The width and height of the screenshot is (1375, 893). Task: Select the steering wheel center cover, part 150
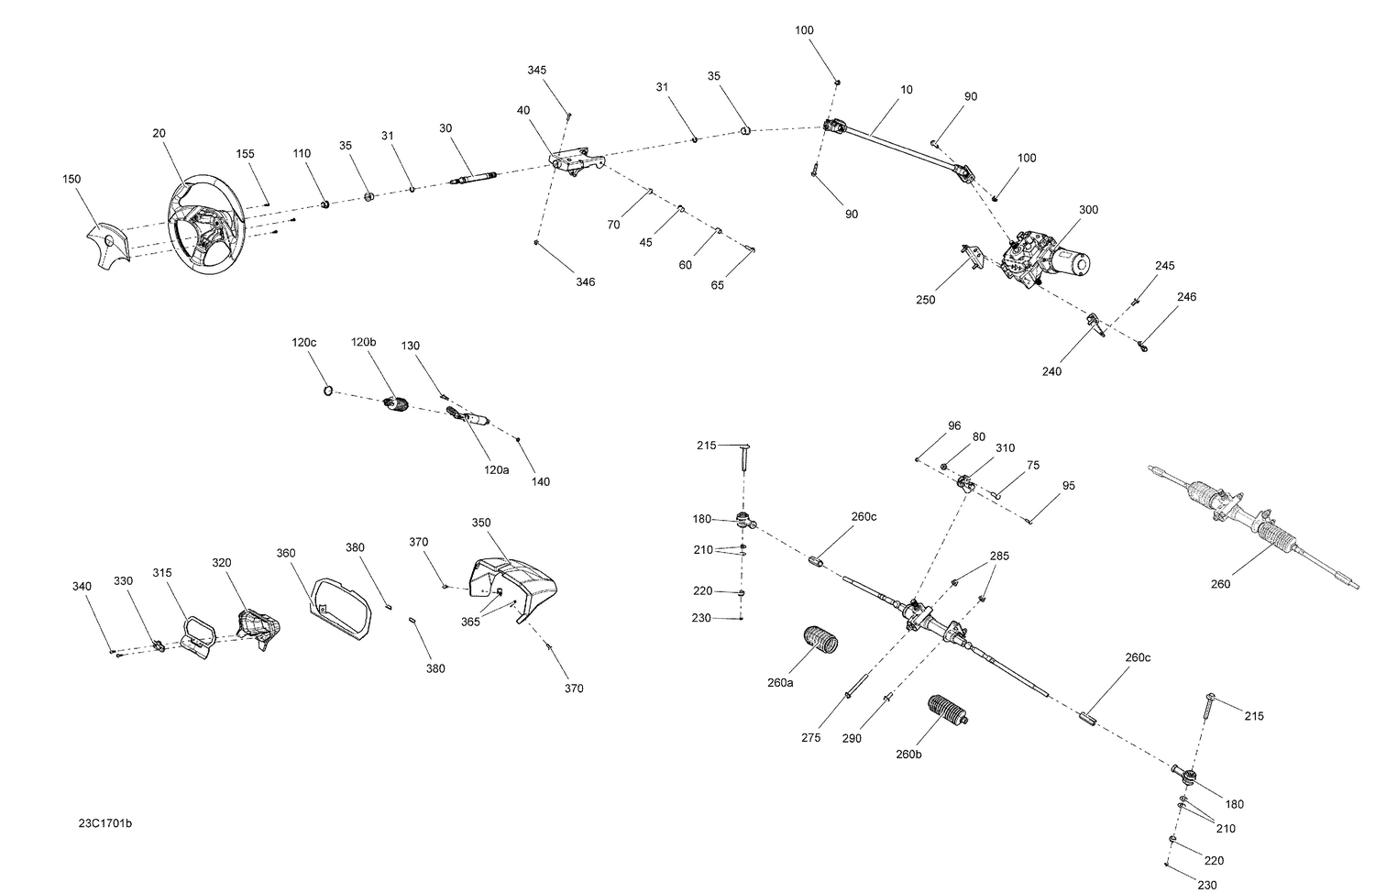[x=108, y=242]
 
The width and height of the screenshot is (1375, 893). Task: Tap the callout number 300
[x=1088, y=210]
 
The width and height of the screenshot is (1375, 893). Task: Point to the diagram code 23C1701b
[x=105, y=823]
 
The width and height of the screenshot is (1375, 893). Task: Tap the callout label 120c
[x=304, y=342]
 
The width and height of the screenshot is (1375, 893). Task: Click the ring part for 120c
[x=326, y=392]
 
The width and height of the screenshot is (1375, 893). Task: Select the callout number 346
[x=585, y=281]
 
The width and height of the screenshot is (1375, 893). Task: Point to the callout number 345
[x=537, y=71]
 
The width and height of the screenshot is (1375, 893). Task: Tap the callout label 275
[x=810, y=738]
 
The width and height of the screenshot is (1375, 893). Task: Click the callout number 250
[x=926, y=300]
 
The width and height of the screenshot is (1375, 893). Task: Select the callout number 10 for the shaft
[x=907, y=90]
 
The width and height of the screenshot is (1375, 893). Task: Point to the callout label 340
[x=82, y=586]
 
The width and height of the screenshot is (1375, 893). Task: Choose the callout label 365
[x=470, y=621]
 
